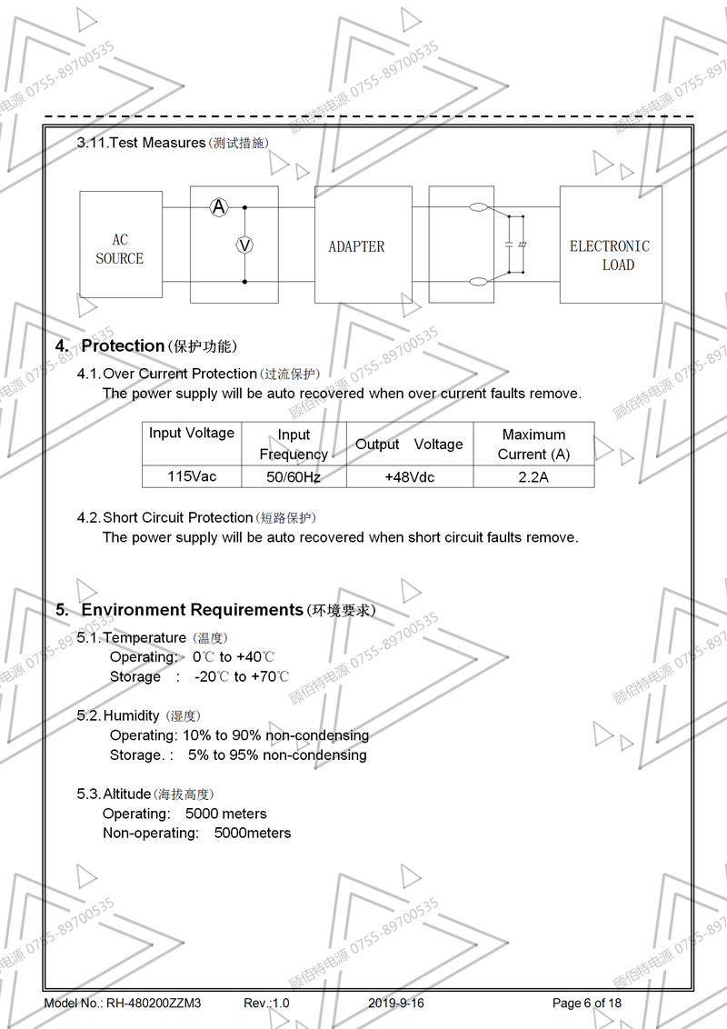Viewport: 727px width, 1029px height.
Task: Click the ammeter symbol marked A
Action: [x=219, y=207]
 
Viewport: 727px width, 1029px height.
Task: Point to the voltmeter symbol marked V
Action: [x=244, y=245]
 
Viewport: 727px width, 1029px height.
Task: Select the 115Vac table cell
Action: [x=192, y=476]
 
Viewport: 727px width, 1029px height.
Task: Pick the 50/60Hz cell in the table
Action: [x=294, y=476]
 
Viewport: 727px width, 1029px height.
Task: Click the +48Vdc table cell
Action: [x=409, y=476]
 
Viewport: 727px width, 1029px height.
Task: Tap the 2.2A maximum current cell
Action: [x=533, y=476]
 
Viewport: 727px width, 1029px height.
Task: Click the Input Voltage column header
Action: [x=192, y=434]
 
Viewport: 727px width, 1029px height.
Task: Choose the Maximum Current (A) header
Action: [x=533, y=444]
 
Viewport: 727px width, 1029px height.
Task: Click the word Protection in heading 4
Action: [x=123, y=345]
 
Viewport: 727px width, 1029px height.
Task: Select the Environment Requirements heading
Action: [x=192, y=610]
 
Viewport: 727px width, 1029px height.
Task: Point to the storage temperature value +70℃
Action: [x=270, y=676]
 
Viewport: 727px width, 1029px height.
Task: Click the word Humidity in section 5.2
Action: [x=132, y=716]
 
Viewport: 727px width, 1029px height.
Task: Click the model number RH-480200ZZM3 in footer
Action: [x=154, y=1004]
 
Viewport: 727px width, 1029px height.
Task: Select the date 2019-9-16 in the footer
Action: [x=396, y=1004]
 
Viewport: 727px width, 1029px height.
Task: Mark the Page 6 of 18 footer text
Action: [x=587, y=1004]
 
